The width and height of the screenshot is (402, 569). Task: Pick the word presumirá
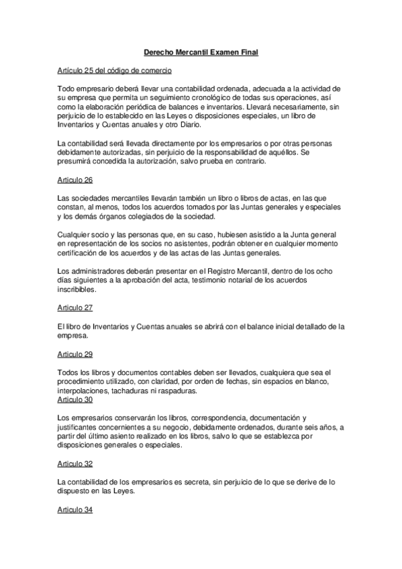(78, 162)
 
